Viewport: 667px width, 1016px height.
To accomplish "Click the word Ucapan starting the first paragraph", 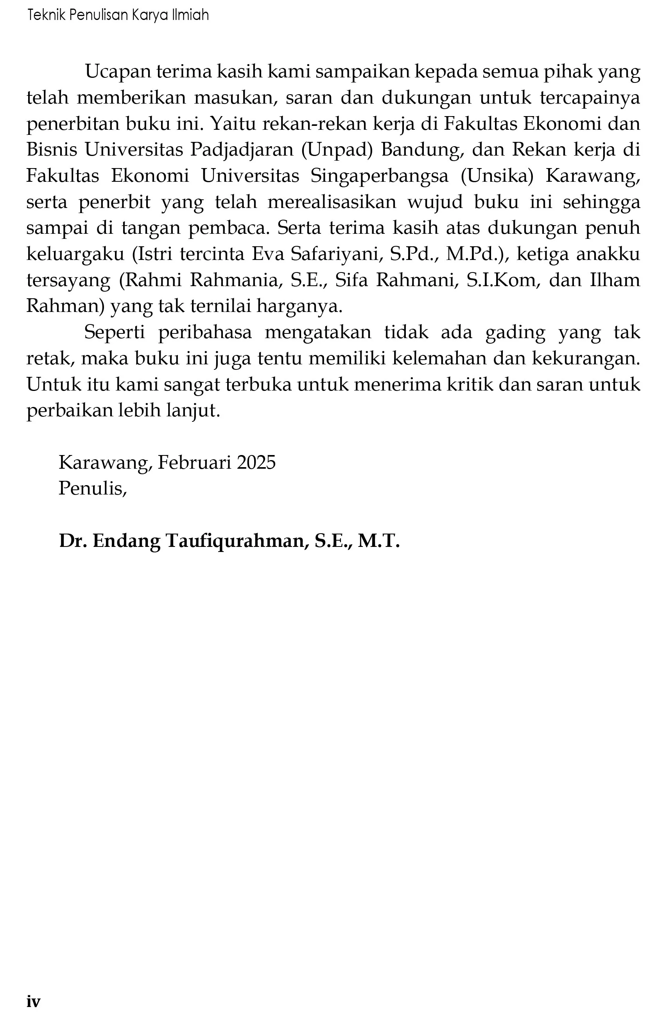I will click(118, 72).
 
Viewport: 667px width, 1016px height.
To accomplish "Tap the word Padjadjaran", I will click(242, 150).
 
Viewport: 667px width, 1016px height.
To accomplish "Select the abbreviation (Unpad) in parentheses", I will click(337, 150).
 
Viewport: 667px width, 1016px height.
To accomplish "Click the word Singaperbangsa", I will click(379, 176).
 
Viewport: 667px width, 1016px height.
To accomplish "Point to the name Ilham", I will click(615, 280).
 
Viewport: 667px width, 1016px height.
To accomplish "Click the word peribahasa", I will click(205, 333).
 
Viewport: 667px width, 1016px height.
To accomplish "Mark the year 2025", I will click(256, 462).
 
